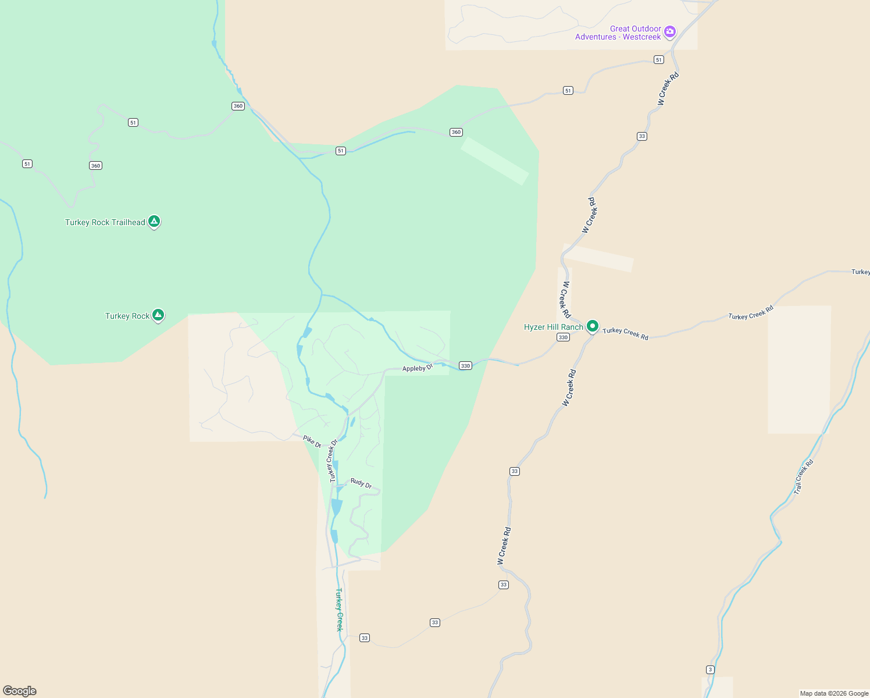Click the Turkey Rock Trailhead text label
(105, 222)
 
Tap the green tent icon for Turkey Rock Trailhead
(154, 221)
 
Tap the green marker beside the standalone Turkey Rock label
(158, 315)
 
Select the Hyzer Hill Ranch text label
(553, 327)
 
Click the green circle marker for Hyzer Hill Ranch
(593, 326)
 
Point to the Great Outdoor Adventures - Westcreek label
(618, 33)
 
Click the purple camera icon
(670, 32)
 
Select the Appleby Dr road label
(418, 368)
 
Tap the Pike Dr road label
(312, 441)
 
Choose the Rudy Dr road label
(361, 483)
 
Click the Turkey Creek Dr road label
(333, 461)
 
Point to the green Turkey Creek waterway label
(340, 610)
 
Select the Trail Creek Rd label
(804, 477)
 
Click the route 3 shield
(710, 669)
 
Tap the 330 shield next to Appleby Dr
(465, 366)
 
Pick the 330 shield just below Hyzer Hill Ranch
(562, 337)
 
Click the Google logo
(20, 691)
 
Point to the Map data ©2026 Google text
(834, 693)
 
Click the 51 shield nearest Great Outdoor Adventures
(658, 60)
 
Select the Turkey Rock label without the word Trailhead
(127, 316)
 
